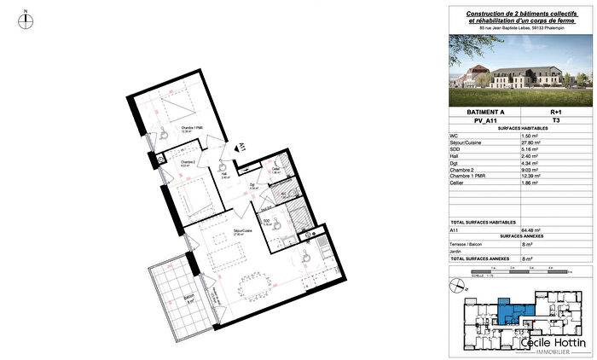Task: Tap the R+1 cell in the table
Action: (x=556, y=112)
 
